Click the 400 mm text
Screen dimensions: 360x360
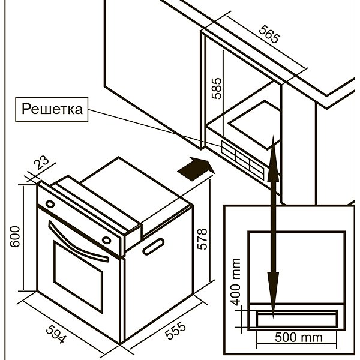pos(236,280)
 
